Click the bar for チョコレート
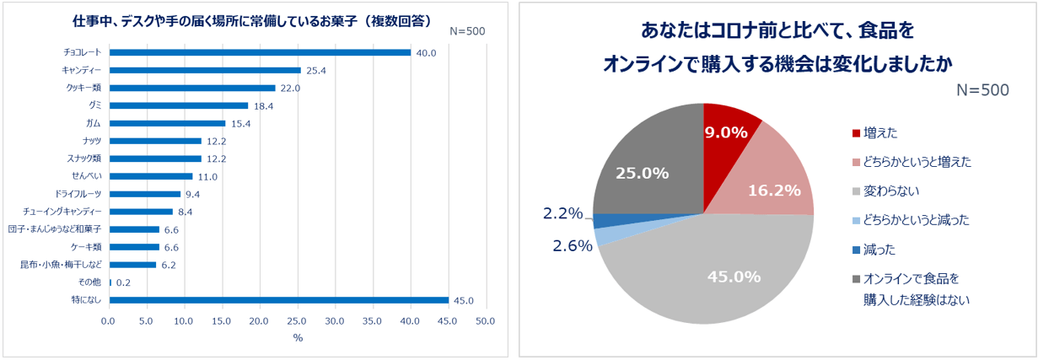click(260, 52)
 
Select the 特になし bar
click(278, 299)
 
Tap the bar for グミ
click(179, 105)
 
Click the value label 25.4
click(315, 70)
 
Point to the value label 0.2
click(122, 282)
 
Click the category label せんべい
click(86, 176)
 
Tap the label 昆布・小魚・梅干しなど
click(62, 265)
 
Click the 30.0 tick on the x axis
click(334, 321)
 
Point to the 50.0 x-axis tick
click(485, 321)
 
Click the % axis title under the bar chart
click(297, 338)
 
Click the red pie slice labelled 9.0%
click(727, 133)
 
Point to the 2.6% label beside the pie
click(569, 245)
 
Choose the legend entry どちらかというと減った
click(916, 220)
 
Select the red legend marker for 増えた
click(857, 133)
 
